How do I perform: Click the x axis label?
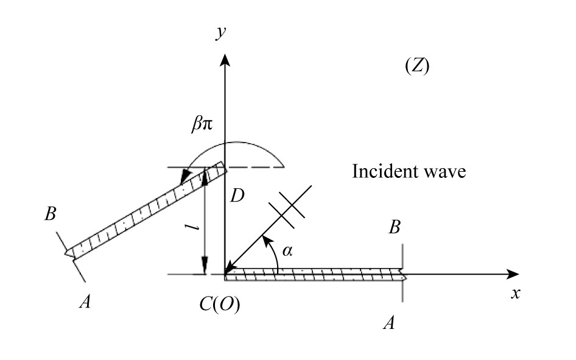[516, 294]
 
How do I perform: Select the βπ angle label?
[202, 126]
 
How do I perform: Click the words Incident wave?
[409, 172]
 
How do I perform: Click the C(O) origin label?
[219, 305]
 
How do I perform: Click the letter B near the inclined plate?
[51, 216]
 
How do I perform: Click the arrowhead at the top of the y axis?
[226, 60]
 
